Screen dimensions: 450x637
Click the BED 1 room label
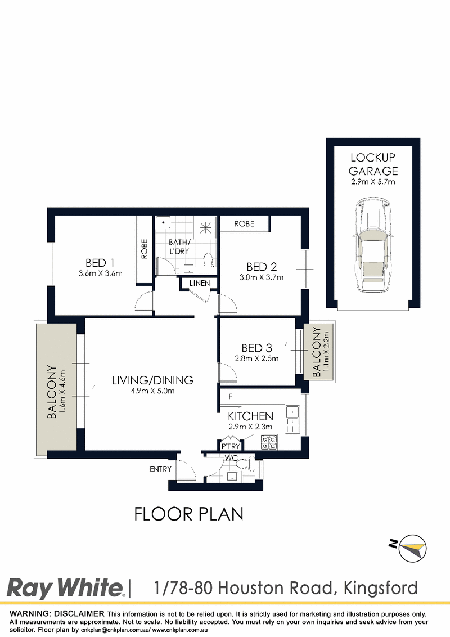click(100, 263)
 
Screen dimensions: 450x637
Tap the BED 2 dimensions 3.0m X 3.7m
click(262, 277)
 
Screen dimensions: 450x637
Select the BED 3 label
click(256, 348)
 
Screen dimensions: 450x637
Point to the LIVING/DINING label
click(152, 380)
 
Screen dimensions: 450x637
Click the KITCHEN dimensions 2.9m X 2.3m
click(250, 427)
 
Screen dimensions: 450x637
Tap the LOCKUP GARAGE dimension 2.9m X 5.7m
click(373, 182)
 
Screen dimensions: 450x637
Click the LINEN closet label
click(200, 282)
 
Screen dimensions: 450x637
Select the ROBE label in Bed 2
click(244, 223)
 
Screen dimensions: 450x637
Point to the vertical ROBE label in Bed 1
click(145, 249)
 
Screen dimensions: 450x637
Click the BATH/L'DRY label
click(179, 246)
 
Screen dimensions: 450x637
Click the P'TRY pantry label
click(231, 446)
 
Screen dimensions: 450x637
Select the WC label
click(231, 458)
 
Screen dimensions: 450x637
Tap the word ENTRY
click(160, 469)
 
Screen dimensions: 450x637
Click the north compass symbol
click(409, 548)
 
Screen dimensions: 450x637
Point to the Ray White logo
click(65, 588)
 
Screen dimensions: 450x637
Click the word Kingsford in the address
click(381, 588)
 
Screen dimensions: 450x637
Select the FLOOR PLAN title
click(189, 514)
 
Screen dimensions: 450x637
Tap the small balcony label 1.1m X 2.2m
click(326, 352)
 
